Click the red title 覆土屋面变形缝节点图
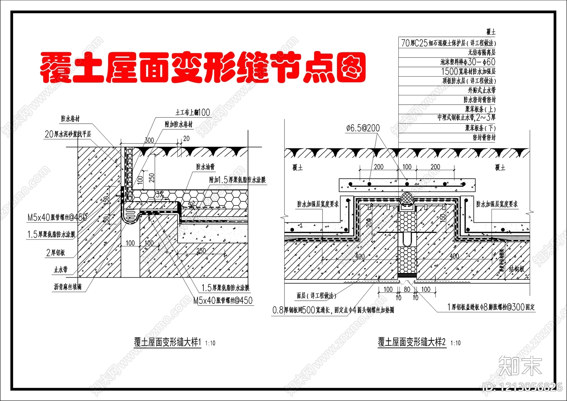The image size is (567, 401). pos(203,68)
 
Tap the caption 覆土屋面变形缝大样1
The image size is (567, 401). pos(167,342)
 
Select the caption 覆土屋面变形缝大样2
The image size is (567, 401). pos(411,342)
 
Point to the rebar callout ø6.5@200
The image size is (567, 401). pos(363,128)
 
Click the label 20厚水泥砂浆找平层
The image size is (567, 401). pos(68,134)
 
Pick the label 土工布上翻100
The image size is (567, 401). pos(193,113)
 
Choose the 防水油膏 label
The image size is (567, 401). pos(206,167)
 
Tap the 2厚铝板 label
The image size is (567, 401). pos(56,252)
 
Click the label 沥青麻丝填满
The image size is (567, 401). pos(68,287)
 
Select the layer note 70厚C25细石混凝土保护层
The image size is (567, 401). pos(448,43)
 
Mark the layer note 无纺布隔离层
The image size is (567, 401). pos(482,52)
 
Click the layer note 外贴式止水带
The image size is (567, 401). pos(482,90)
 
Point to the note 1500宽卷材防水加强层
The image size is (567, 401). pos(468,72)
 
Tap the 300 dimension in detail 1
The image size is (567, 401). pos(149,140)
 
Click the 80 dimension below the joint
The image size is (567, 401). pos(407,289)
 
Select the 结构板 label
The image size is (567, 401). pos(517,269)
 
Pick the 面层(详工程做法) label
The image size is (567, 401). pos(316,295)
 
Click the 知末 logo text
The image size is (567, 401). pos(520,366)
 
